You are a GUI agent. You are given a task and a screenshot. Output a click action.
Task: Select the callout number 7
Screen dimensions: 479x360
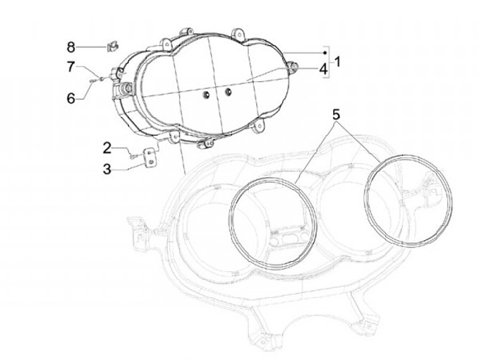coord(71,66)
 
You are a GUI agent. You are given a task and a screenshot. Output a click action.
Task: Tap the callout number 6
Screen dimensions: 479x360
coord(71,98)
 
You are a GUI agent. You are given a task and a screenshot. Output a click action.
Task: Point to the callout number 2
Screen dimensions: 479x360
coord(106,147)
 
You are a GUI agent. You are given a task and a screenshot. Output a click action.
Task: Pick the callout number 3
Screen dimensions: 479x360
coord(106,169)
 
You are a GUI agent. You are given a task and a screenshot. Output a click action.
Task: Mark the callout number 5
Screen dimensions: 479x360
coord(337,114)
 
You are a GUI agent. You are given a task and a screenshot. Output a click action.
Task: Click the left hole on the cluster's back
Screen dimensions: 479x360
coord(206,94)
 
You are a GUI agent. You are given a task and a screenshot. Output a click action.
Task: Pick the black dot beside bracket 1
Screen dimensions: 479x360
coord(324,52)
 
